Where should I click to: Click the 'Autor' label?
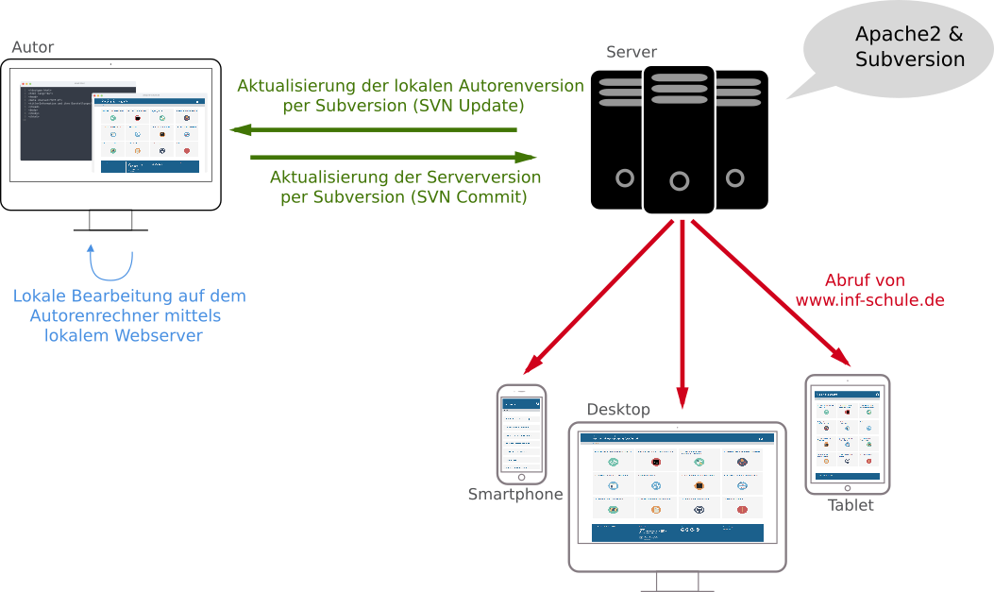(x=33, y=47)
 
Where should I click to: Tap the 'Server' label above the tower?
(x=632, y=52)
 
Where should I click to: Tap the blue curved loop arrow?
(x=110, y=263)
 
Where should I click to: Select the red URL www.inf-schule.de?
(x=869, y=300)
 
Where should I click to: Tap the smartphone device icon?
(x=522, y=432)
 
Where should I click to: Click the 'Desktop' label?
(x=618, y=410)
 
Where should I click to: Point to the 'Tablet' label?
(x=851, y=505)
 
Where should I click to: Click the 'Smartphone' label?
(x=515, y=495)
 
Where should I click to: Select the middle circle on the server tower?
(x=680, y=181)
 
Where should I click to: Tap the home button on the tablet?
(x=847, y=488)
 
